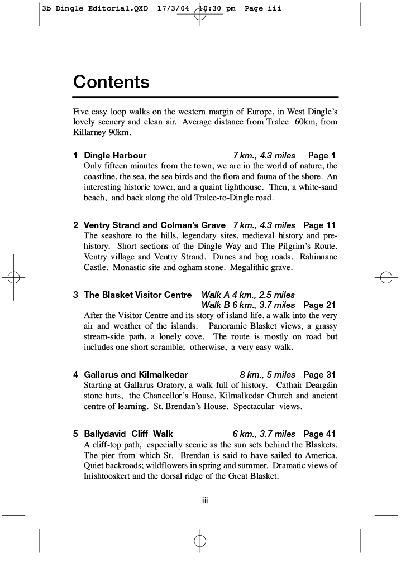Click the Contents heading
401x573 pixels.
point(111,82)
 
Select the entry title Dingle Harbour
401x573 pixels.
point(115,156)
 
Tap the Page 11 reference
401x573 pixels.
point(319,225)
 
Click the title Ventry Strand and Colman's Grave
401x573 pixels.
point(155,225)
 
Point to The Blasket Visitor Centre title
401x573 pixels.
point(137,295)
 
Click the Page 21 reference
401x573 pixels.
point(319,305)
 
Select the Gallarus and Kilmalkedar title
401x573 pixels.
point(136,375)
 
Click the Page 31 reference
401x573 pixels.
point(319,375)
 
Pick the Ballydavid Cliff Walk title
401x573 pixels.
point(128,434)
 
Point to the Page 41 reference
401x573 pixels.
point(319,434)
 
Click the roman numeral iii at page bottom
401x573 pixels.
point(205,500)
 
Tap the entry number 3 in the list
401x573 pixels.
point(75,295)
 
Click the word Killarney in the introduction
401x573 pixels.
point(85,133)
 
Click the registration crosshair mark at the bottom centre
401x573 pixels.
point(200,541)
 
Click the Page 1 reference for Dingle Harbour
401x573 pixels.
point(322,156)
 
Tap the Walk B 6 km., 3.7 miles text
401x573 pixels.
point(248,305)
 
